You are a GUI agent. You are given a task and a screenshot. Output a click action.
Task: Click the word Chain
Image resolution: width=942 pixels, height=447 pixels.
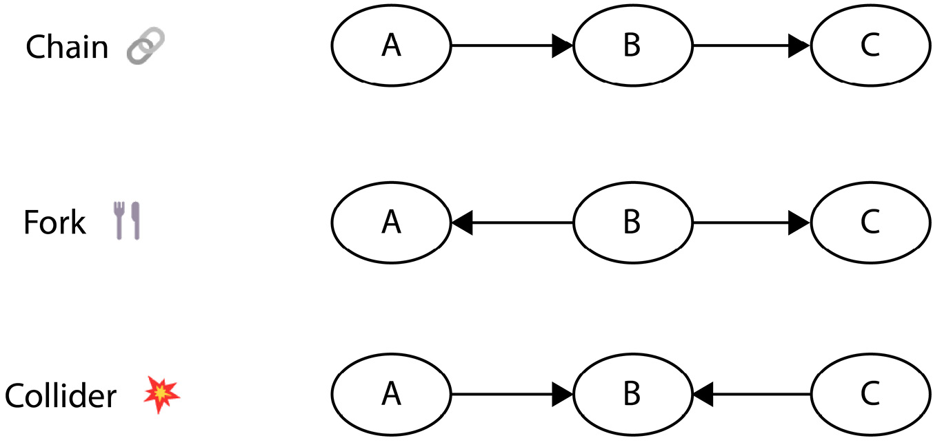pos(68,47)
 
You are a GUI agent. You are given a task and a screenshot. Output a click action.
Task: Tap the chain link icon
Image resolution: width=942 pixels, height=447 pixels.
pos(146,45)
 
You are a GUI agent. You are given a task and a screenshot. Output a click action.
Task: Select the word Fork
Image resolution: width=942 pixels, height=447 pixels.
pos(54,222)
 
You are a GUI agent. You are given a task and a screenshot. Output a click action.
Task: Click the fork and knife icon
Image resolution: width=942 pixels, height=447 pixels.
pos(127,220)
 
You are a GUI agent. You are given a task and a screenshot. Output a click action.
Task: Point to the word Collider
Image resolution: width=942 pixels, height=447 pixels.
pos(61,396)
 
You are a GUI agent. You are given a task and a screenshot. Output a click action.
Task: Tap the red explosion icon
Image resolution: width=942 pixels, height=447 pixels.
pos(161,395)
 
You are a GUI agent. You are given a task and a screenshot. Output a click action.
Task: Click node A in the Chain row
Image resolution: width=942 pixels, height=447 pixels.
pos(391,45)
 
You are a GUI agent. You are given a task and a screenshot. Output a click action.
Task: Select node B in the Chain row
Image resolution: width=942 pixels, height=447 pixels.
pos(632,45)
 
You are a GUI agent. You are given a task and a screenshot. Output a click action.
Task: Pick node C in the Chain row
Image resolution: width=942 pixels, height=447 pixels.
pos(870,45)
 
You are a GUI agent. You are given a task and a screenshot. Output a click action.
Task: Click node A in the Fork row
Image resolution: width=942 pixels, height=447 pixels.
pos(391,222)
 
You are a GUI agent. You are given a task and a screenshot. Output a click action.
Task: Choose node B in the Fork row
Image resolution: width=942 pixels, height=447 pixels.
pos(632,222)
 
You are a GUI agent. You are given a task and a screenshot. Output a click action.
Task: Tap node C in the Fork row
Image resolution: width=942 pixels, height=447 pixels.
pos(870,222)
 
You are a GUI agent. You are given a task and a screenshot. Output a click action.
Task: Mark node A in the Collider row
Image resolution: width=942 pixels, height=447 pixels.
pos(391,395)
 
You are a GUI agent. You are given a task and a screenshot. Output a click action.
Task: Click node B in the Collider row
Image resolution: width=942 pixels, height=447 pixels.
pos(632,395)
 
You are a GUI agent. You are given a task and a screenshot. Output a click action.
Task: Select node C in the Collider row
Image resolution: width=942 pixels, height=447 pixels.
pos(870,395)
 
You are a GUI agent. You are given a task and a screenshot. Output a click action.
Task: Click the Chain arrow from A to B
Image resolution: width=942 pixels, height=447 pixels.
pos(512,45)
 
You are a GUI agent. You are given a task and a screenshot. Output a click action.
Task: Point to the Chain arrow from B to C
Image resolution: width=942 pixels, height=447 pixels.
pos(752,45)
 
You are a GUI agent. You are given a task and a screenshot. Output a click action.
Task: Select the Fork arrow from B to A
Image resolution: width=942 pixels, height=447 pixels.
pos(512,222)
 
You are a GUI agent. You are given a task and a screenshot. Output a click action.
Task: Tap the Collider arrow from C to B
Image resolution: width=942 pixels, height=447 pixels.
pos(752,395)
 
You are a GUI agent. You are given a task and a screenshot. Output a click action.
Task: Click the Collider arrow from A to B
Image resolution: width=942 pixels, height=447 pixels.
pos(512,395)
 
